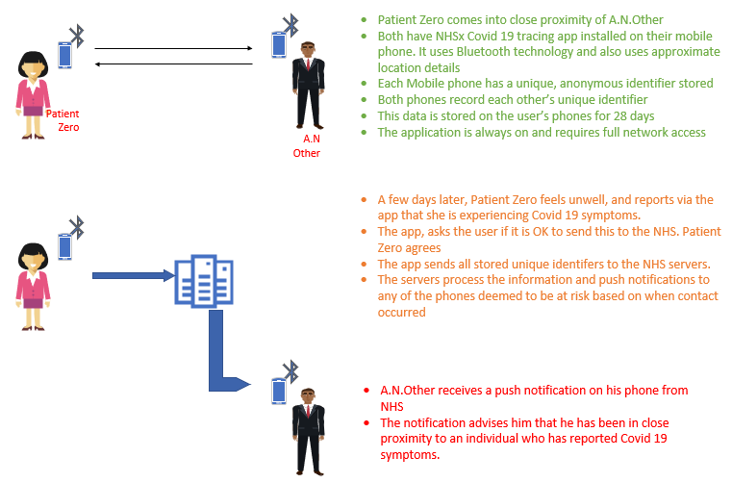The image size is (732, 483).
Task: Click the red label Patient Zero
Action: tap(62, 119)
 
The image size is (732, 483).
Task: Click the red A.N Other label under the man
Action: tap(307, 145)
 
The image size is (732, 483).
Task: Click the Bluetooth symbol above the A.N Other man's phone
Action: tap(290, 24)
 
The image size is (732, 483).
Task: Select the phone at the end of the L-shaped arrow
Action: tap(278, 391)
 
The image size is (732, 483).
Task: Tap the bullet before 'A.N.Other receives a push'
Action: tap(366, 391)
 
